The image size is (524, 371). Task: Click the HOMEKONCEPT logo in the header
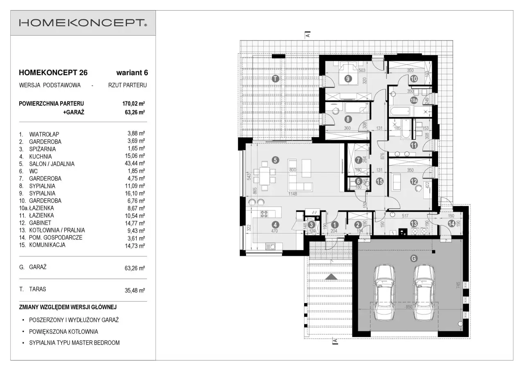(83, 23)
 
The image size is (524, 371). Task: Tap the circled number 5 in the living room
(276, 160)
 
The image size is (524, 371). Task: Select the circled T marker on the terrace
(276, 79)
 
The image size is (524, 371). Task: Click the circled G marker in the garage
(414, 259)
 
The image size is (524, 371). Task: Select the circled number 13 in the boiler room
(414, 224)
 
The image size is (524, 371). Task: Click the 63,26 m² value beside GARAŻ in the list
(135, 268)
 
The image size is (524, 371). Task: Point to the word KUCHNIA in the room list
(41, 157)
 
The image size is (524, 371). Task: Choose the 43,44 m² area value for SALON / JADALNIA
(135, 163)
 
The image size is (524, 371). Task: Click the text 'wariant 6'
(132, 73)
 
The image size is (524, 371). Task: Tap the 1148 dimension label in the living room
(293, 193)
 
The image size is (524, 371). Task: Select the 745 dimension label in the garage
(458, 285)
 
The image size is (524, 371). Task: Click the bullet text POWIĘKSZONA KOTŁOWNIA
(63, 332)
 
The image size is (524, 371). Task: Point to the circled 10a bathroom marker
(414, 100)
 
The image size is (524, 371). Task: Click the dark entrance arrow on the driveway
(331, 277)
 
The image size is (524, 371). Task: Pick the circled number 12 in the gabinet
(414, 181)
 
